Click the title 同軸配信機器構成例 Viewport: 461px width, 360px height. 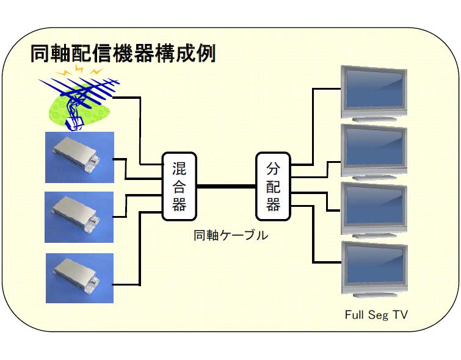coord(123,53)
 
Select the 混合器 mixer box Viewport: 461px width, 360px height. coord(179,186)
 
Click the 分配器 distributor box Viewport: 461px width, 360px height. coord(273,186)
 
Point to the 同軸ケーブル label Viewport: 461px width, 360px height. coord(231,235)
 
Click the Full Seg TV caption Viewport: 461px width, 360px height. coord(376,315)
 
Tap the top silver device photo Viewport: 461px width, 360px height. coord(79,157)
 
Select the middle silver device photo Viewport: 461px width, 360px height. coord(79,217)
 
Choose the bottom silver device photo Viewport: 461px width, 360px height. coord(79,278)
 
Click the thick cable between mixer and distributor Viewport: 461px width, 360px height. coord(226,186)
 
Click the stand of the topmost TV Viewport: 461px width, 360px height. coord(374,119)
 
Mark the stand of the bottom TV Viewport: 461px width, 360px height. coord(375,295)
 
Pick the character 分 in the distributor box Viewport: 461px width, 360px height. coord(273,168)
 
